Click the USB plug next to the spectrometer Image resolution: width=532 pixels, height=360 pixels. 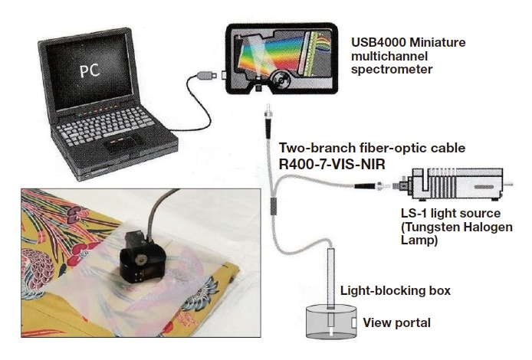click(207, 77)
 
